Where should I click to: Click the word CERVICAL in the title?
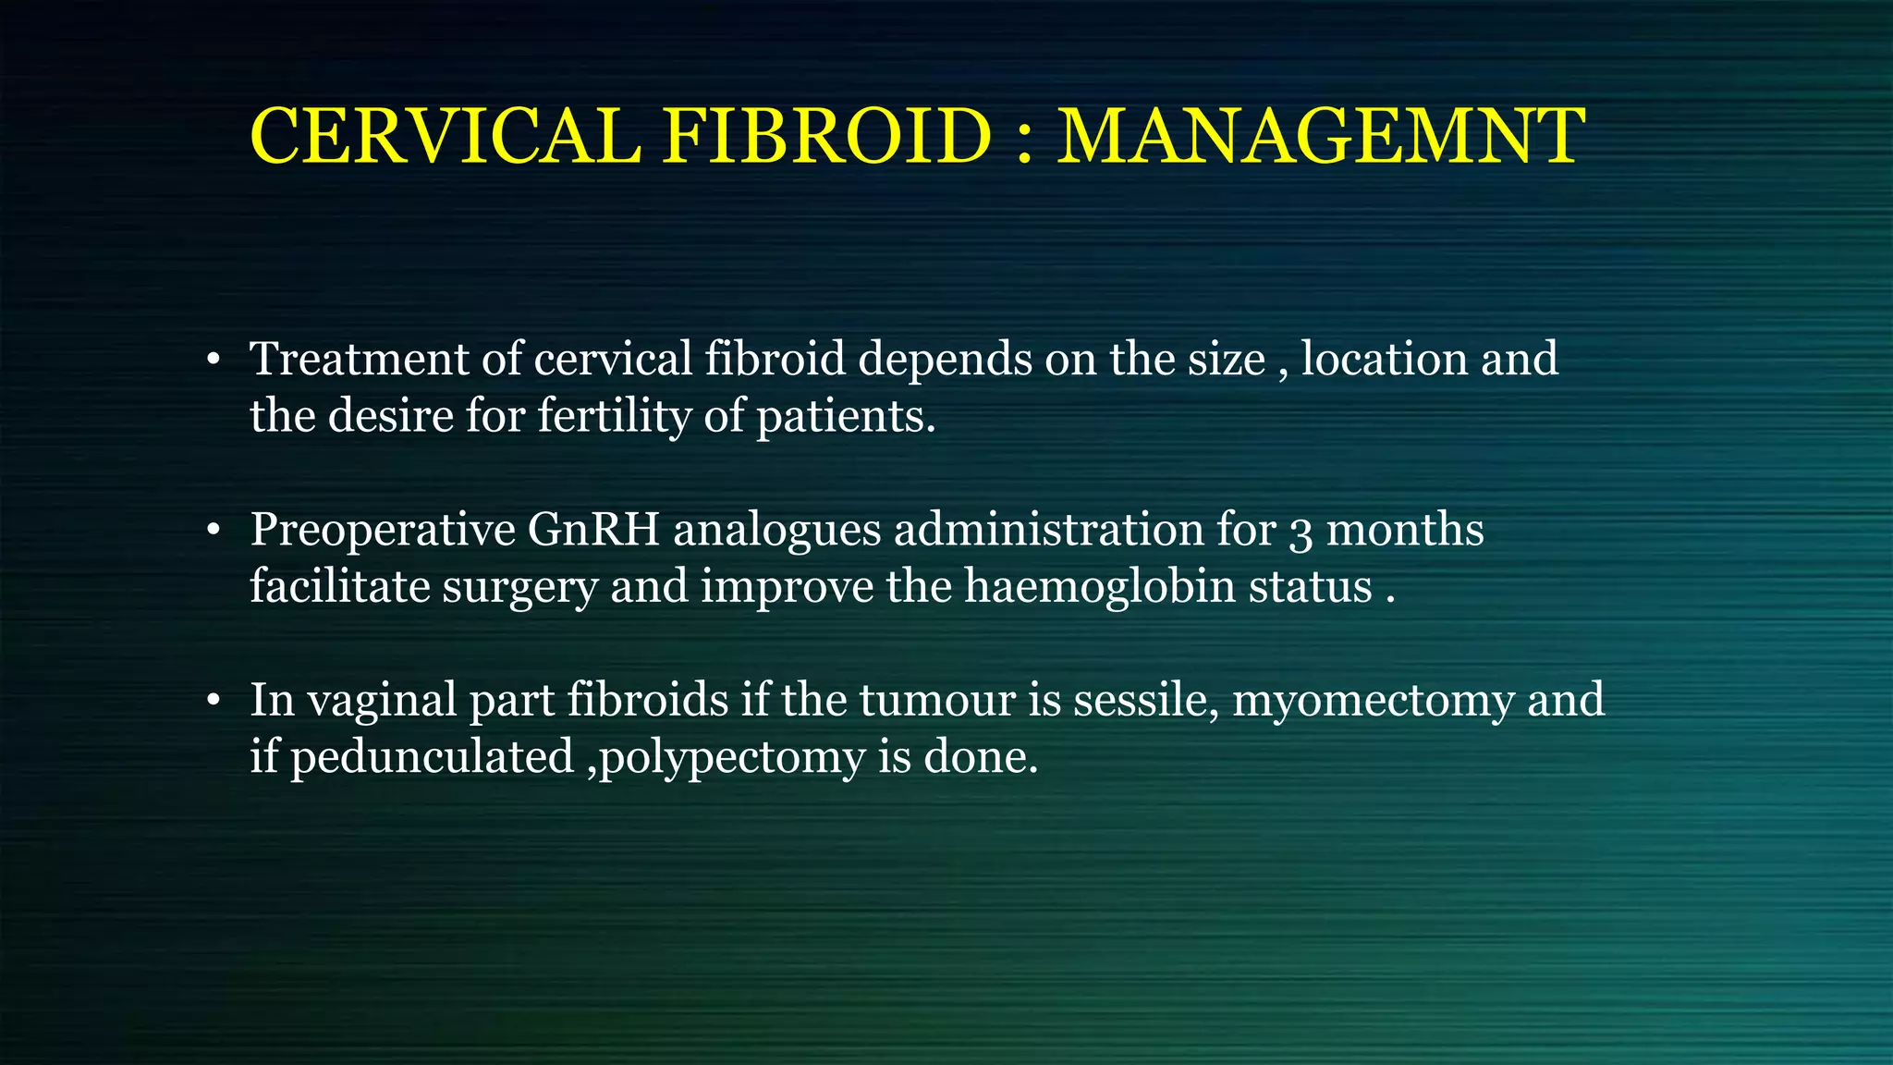446,137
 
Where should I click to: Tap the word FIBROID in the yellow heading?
827,137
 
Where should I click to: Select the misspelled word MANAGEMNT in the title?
1322,137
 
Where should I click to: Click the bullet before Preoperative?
214,532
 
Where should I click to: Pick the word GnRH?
593,530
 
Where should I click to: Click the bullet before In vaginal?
214,702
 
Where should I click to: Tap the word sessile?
1145,700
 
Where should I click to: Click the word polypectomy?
732,759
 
